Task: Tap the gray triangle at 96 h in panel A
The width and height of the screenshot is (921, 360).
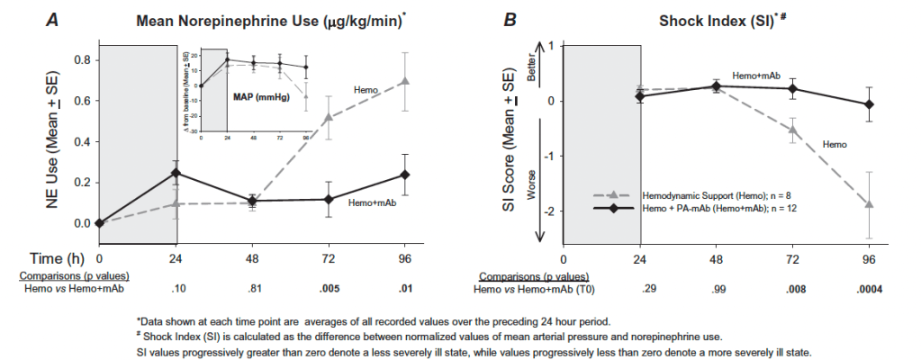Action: coord(405,82)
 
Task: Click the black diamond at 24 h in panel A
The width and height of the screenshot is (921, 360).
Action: coord(176,173)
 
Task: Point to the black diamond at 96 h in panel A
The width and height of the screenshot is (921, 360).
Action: coord(405,175)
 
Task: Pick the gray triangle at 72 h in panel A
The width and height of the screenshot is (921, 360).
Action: coord(329,117)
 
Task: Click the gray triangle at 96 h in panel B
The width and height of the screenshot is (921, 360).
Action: coord(869,204)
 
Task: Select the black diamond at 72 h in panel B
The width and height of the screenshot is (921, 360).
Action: coord(792,88)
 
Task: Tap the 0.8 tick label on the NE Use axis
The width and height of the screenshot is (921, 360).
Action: coord(80,60)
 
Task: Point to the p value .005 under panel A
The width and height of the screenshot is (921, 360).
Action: coord(329,290)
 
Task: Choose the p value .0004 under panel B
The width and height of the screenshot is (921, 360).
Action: coord(868,290)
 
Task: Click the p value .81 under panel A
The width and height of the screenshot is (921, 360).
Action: coord(253,290)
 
